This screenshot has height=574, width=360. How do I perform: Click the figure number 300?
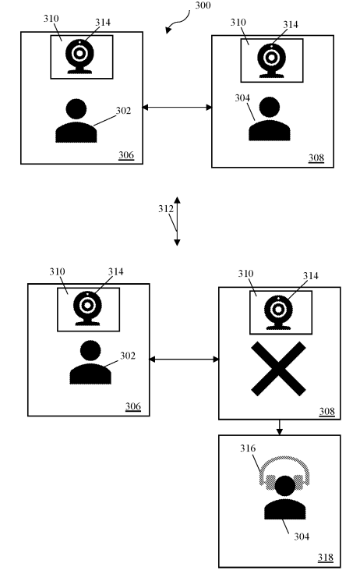[203, 5]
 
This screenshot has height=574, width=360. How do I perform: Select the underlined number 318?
[326, 557]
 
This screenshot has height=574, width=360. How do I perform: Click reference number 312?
[164, 209]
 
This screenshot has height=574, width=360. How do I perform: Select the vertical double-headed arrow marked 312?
[177, 221]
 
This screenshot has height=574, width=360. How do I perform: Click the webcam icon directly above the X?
[279, 312]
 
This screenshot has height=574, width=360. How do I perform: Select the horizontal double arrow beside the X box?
[184, 359]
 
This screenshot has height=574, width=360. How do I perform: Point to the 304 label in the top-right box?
[241, 98]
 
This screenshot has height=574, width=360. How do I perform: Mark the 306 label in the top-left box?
[125, 154]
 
